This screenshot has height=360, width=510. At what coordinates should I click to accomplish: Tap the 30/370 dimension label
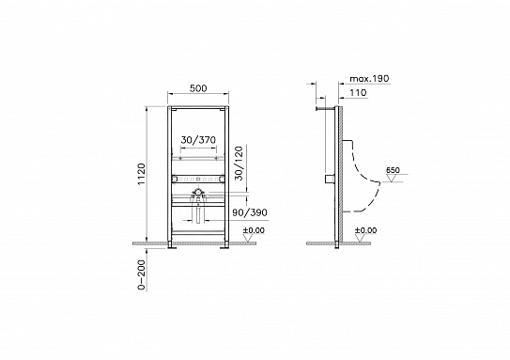[x=197, y=139]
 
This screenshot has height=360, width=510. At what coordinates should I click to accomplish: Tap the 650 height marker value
[x=393, y=169]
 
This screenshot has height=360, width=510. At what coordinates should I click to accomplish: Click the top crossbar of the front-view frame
[x=198, y=110]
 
